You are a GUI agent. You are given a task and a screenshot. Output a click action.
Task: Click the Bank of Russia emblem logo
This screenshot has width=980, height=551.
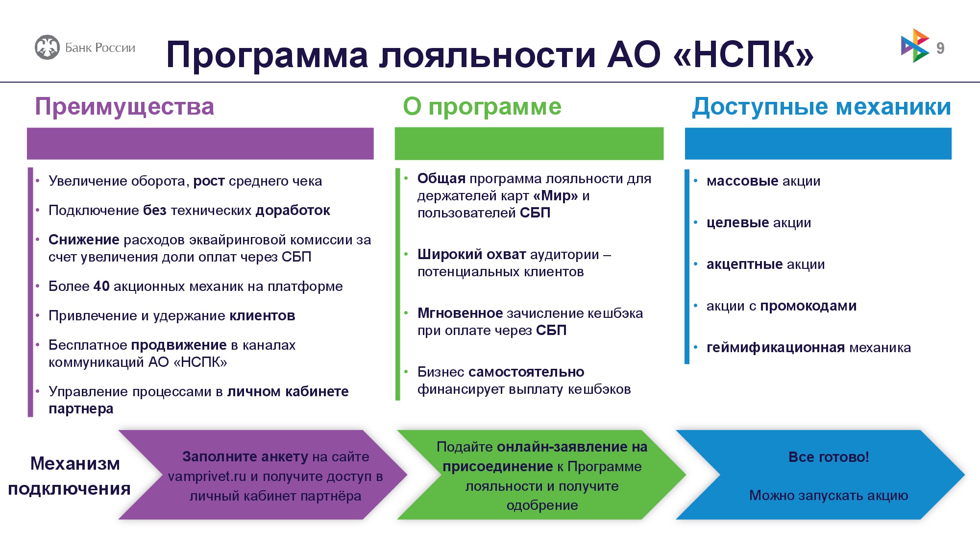pyautogui.click(x=47, y=48)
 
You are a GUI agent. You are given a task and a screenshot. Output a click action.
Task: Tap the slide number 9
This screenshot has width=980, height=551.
pyautogui.click(x=940, y=48)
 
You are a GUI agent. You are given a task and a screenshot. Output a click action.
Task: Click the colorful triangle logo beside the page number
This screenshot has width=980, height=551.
pyautogui.click(x=915, y=46)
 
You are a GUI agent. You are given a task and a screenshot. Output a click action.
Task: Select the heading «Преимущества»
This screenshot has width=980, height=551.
pyautogui.click(x=124, y=107)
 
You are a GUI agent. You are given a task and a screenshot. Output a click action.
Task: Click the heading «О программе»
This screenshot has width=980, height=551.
pyautogui.click(x=482, y=107)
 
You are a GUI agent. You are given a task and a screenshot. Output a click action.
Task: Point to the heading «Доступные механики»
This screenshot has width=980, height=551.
pyautogui.click(x=821, y=107)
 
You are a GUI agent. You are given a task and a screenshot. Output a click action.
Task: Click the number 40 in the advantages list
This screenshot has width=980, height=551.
pyautogui.click(x=101, y=286)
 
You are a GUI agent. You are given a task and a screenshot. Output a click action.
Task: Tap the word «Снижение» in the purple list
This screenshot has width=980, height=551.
pyautogui.click(x=84, y=240)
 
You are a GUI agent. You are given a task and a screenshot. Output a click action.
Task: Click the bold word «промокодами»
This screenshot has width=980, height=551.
pyautogui.click(x=808, y=306)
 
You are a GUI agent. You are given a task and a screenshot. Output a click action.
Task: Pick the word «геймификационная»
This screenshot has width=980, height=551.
pyautogui.click(x=776, y=347)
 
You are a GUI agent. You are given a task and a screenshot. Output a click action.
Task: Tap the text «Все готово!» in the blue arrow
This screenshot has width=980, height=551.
pyautogui.click(x=829, y=457)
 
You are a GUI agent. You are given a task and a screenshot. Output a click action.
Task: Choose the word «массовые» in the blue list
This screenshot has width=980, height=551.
pyautogui.click(x=742, y=181)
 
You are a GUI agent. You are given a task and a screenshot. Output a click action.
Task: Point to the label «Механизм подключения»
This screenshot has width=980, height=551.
pyautogui.click(x=70, y=476)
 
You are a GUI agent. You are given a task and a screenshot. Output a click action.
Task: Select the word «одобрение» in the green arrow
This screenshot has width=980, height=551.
pyautogui.click(x=542, y=505)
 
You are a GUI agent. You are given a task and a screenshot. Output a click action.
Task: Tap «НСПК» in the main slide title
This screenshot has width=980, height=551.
pyautogui.click(x=743, y=54)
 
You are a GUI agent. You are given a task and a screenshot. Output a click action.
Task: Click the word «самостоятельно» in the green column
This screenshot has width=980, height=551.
pyautogui.click(x=526, y=372)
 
